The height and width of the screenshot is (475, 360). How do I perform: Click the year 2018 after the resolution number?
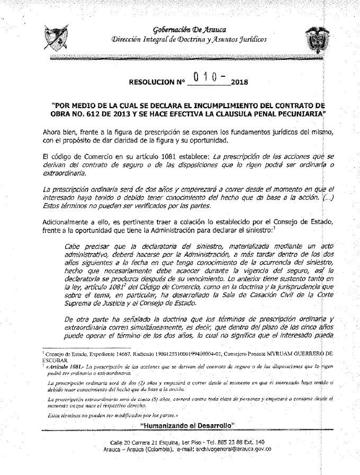pos(240,83)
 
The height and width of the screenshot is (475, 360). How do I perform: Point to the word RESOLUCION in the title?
pos(151,83)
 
